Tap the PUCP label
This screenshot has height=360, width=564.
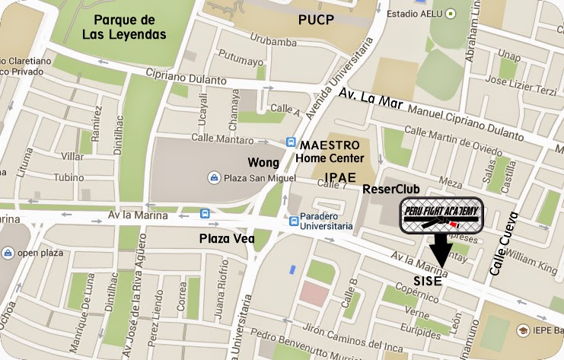coord(315,18)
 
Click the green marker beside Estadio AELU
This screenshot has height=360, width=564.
coord(451,12)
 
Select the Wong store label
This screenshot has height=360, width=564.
coord(263,162)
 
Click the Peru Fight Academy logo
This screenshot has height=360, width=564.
coord(441,217)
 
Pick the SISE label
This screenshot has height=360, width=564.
coord(428,281)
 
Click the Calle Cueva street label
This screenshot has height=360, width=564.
coord(503,244)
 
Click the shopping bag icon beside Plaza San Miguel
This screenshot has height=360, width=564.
coord(214,178)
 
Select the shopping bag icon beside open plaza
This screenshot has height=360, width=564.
coord(7,253)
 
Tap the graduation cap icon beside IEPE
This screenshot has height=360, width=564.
coord(523,330)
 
